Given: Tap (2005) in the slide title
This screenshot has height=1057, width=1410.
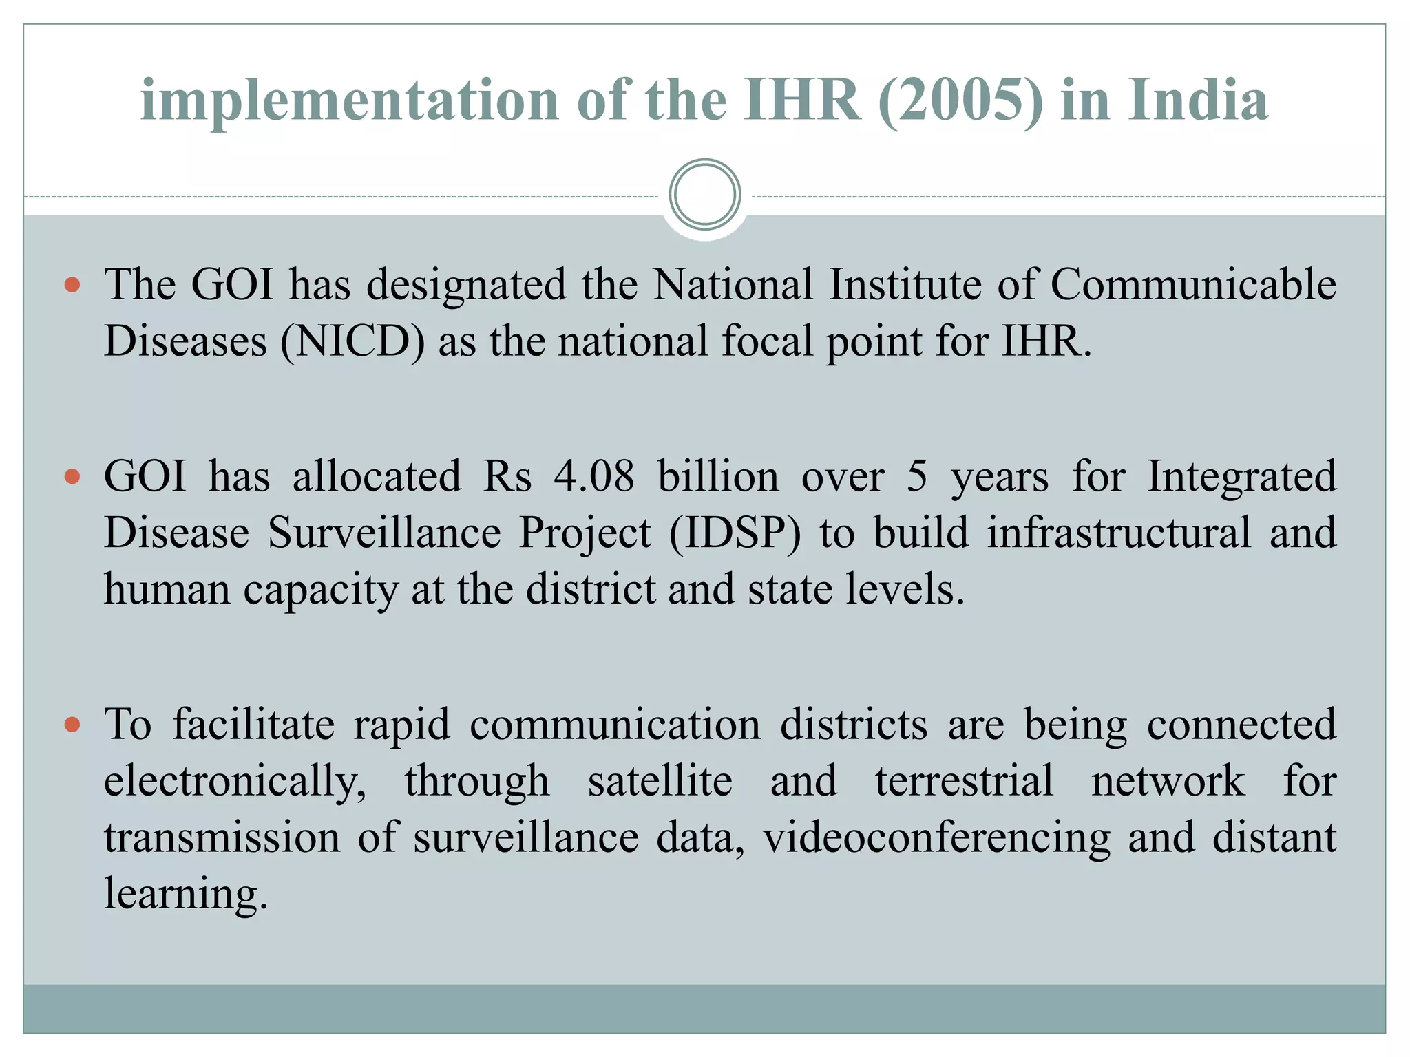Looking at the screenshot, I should coord(961,100).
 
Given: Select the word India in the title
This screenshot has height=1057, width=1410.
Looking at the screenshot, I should coord(1198,100).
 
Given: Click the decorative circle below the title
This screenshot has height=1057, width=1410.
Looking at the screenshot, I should coord(704,195).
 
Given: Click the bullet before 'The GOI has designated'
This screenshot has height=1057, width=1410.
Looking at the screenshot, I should coord(72,284).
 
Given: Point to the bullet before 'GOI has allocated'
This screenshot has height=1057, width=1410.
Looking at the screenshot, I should coord(72,476).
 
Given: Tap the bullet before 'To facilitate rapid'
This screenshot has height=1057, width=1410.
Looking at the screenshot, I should coord(72,725).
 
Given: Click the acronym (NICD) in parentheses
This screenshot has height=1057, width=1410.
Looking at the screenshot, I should coord(352,341).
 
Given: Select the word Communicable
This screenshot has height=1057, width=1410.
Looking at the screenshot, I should coord(1193,284).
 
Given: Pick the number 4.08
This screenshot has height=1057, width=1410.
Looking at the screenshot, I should coord(593,476).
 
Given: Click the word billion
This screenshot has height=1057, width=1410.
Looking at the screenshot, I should coord(718,476).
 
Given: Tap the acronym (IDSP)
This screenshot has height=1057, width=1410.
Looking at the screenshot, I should coord(735,533).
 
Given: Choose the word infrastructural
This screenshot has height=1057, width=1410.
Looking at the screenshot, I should coord(1119,533).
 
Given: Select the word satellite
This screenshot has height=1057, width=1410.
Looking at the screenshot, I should coord(660,781).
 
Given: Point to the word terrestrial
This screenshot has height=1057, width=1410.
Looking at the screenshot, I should coord(964,781).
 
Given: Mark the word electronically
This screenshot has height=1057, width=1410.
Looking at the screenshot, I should coord(235,782).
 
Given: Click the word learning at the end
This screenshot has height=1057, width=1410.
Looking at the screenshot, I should coord(185,895).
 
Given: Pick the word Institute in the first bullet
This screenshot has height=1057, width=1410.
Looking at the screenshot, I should coord(905,284).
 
